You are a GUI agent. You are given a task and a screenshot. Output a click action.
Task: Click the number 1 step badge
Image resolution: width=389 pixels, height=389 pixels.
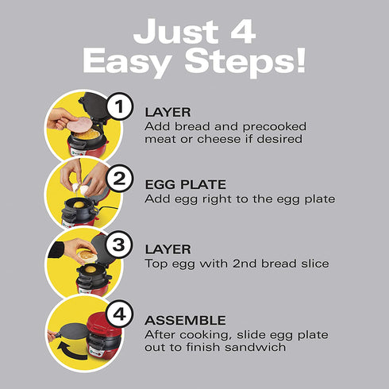pos(120,106)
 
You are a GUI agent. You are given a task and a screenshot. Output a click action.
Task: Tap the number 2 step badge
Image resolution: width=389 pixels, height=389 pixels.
pos(119,179)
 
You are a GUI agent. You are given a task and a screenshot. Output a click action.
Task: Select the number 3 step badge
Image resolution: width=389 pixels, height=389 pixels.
pos(119,245)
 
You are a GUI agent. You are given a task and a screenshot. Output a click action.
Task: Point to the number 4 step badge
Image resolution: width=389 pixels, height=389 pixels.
pos(120,314)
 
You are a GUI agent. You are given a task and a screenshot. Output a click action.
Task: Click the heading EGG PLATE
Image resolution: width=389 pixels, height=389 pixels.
pos(186,184)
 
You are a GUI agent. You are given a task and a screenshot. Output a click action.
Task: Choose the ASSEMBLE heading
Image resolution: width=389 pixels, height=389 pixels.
pos(185,320)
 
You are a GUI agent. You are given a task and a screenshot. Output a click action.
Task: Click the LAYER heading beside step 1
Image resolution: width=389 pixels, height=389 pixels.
pos(168,112)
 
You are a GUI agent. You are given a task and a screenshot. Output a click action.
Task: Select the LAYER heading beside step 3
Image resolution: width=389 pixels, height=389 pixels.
pos(168,249)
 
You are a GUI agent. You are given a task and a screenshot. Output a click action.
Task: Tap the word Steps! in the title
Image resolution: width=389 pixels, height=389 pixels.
pos(245,62)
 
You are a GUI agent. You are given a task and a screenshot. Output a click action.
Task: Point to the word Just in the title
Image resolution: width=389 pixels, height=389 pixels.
pos(176,31)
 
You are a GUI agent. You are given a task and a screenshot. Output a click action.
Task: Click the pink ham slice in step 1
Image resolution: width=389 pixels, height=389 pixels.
pos(79,125)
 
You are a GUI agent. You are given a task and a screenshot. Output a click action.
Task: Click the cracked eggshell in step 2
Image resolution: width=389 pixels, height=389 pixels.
pos(80,188)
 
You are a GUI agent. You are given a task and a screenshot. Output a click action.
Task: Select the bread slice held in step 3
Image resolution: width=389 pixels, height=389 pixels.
pos(87,256)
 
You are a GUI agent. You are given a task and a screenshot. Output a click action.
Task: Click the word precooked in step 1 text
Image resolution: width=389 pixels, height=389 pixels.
pos(275,127)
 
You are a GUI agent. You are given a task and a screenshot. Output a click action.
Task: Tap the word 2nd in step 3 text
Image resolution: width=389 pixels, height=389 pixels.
pos(245,264)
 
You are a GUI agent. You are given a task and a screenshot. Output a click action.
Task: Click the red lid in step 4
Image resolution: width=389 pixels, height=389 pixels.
pos(105,323)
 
